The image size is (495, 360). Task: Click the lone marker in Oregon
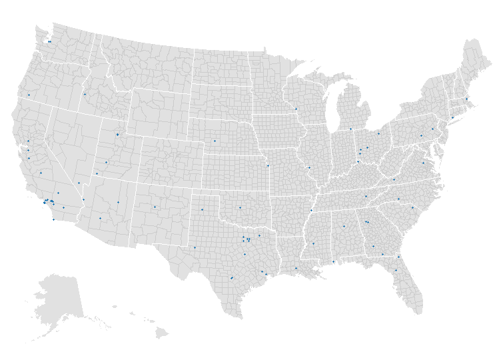coord(29,95)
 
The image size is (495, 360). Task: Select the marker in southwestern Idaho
coord(85,94)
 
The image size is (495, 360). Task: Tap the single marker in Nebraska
coord(215,141)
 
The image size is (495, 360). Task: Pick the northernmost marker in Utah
coord(118,134)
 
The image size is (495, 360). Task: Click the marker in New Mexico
coord(155,207)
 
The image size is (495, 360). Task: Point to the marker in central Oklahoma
coord(240,207)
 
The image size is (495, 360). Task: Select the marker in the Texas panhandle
coord(202,210)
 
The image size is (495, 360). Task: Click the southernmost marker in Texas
coord(231,278)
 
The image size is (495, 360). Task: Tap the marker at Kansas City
coord(268,165)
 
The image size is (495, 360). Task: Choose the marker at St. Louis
coord(309,167)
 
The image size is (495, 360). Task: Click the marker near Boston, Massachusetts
coord(466,99)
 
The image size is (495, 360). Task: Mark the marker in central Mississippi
coord(313,244)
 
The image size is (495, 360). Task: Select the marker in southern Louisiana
coord(296,268)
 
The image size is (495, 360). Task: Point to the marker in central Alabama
coord(344,226)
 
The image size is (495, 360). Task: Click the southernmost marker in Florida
coord(396,270)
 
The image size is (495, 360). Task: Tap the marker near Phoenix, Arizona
coord(101,218)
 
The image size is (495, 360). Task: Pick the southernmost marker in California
coord(54,219)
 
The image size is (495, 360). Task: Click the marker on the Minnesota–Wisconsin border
coord(296,109)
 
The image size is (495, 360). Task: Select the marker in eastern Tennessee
coord(366,196)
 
